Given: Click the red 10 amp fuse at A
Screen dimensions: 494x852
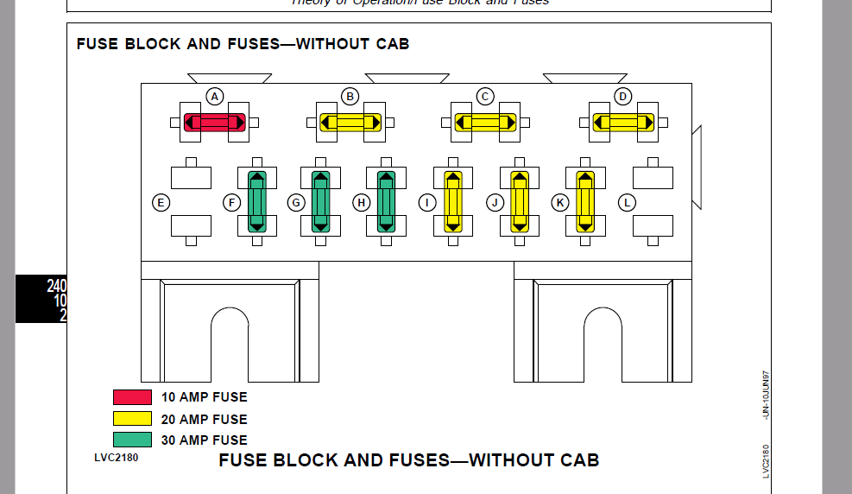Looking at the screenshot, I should point(215,123).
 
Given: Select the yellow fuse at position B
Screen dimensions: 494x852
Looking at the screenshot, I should point(350,123).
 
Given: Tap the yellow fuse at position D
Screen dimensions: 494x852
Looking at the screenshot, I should point(622,123).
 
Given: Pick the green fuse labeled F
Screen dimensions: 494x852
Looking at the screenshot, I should point(257,202).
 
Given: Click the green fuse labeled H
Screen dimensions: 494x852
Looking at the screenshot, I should point(386,202).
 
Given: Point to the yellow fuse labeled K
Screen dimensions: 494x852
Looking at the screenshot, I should point(585,202).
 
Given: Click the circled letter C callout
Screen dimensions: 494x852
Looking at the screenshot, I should point(486,96).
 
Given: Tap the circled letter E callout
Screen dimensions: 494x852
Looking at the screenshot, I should point(160,203).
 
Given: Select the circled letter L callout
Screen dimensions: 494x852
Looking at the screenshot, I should point(627,203).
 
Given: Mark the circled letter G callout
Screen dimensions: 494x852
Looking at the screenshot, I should point(296,203).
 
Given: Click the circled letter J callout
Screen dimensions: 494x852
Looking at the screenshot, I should point(495,203).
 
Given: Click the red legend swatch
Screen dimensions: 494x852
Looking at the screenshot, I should point(132,397).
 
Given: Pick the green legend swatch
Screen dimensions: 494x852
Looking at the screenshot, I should point(132,440).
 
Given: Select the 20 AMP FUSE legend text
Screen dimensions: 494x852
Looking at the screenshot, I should point(204,419).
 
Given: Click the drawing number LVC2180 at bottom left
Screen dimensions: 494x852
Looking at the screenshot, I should point(116,457).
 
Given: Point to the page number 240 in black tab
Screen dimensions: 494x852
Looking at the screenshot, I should point(57,286).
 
